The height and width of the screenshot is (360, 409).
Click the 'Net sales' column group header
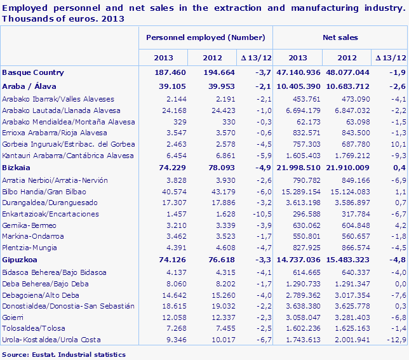pyautogui.click(x=340, y=38)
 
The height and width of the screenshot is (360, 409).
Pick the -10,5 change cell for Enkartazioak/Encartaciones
pyautogui.click(x=260, y=215)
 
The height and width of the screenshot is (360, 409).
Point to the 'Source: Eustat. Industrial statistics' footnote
pyautogui.click(x=64, y=354)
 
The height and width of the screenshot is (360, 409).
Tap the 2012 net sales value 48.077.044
pyautogui.click(x=347, y=72)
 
